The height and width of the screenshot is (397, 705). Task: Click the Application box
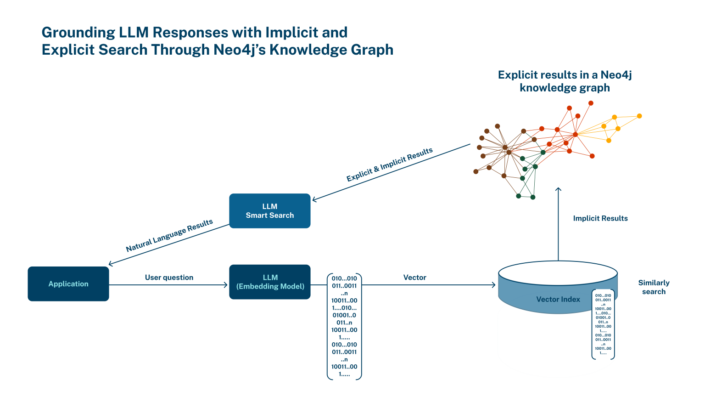click(x=68, y=284)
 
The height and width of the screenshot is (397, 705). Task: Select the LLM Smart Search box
click(x=270, y=211)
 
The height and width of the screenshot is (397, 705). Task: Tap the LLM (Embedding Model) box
click(x=270, y=282)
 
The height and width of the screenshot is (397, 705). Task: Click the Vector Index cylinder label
click(x=558, y=299)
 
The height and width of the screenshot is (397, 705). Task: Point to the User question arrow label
click(x=169, y=278)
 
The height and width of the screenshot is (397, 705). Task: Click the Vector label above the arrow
click(x=414, y=278)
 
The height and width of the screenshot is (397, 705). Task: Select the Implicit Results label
click(x=600, y=218)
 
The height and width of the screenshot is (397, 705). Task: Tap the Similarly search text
click(x=654, y=287)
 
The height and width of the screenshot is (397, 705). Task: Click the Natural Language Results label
click(x=169, y=236)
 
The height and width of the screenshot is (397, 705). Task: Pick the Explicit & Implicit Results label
click(x=389, y=165)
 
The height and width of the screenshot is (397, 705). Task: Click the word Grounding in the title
click(x=78, y=33)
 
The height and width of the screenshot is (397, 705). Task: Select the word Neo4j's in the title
click(x=240, y=50)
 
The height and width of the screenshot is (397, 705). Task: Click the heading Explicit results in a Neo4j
click(x=565, y=75)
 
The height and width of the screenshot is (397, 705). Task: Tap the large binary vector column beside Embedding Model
click(x=344, y=326)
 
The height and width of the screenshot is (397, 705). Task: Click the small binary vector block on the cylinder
click(x=603, y=324)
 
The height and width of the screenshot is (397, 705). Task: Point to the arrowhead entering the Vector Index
click(x=493, y=285)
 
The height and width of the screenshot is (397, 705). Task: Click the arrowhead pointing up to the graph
click(x=558, y=189)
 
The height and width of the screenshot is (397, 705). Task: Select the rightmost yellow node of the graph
click(x=639, y=116)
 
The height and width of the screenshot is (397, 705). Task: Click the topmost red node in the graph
click(x=591, y=103)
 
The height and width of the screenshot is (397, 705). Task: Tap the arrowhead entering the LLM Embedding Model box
click(x=225, y=285)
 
